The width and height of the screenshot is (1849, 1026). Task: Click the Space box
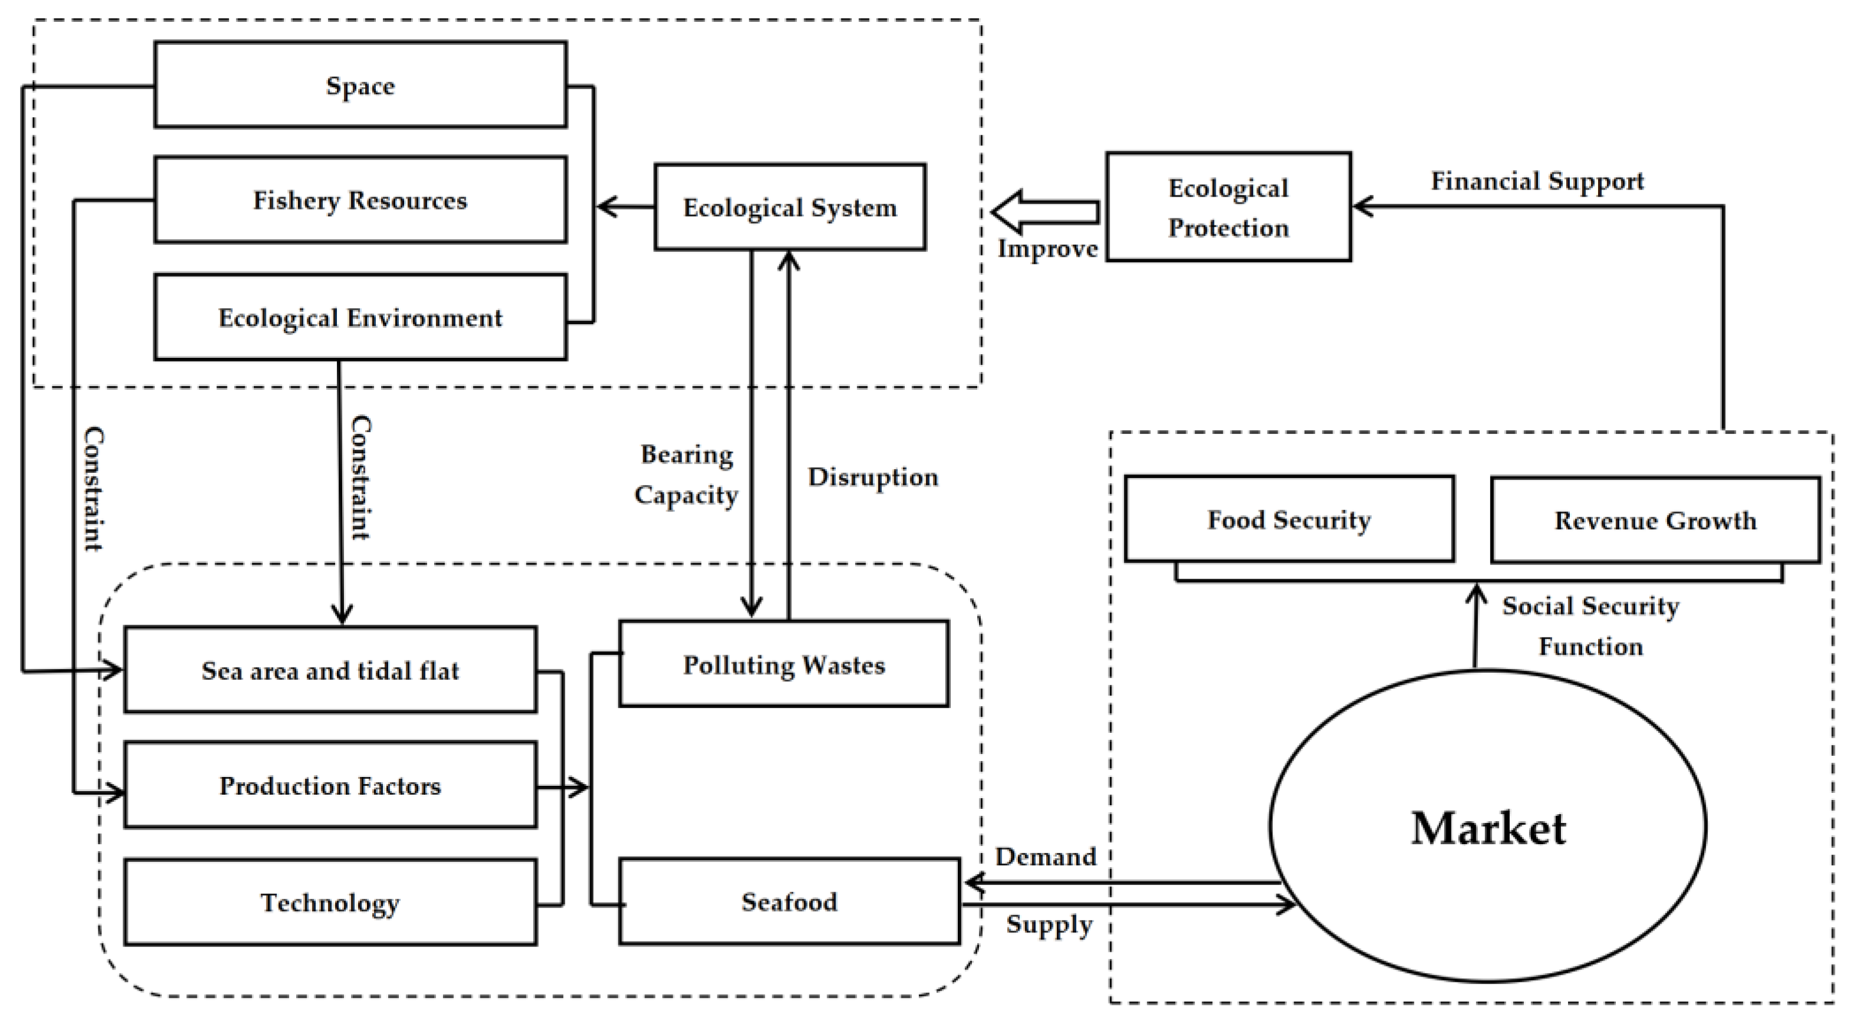[360, 85]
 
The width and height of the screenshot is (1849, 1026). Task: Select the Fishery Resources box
[360, 200]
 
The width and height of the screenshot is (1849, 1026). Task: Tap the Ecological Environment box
[360, 317]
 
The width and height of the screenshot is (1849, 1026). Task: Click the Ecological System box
[789, 207]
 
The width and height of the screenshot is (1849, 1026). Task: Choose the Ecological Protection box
[1228, 207]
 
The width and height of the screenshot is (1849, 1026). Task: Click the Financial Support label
[1537, 181]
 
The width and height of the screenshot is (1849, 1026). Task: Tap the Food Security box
[1289, 519]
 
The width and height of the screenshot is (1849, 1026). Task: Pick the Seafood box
[789, 901]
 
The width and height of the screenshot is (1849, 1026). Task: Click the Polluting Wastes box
[784, 665]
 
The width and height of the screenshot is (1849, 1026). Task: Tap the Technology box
[330, 902]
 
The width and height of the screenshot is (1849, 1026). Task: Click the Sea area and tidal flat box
[330, 670]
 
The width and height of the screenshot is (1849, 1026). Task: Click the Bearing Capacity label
[686, 475]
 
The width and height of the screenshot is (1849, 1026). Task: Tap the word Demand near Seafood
[1045, 856]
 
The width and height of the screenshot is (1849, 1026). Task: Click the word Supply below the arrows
[1048, 924]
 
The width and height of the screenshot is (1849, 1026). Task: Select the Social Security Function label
[1590, 626]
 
